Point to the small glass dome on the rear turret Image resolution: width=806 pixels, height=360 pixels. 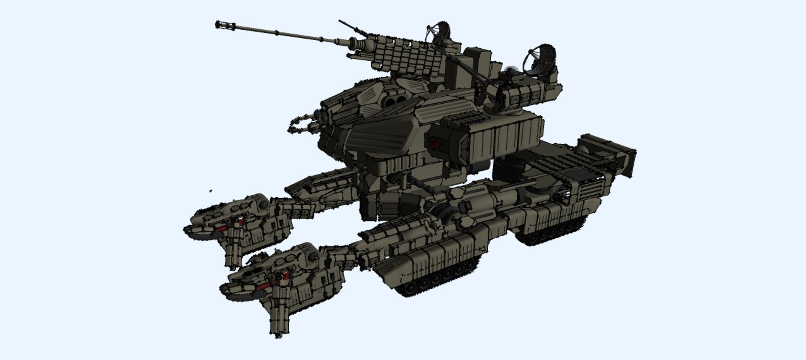tap(510, 71)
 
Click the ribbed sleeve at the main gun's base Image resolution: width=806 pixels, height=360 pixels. tap(359, 44)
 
